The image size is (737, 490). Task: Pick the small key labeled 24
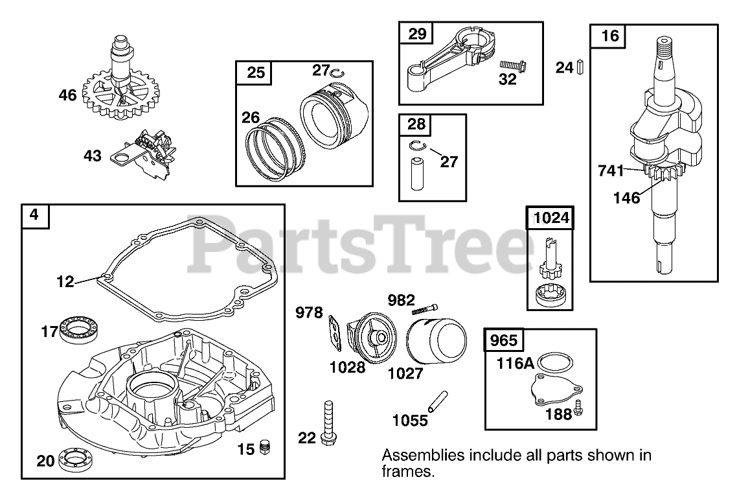581,66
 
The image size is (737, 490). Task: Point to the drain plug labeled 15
264,447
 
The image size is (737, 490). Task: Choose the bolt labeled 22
327,421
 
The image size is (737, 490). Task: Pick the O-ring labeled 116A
555,362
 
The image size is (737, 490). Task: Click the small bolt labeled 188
579,410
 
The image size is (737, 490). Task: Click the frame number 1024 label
551,217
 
